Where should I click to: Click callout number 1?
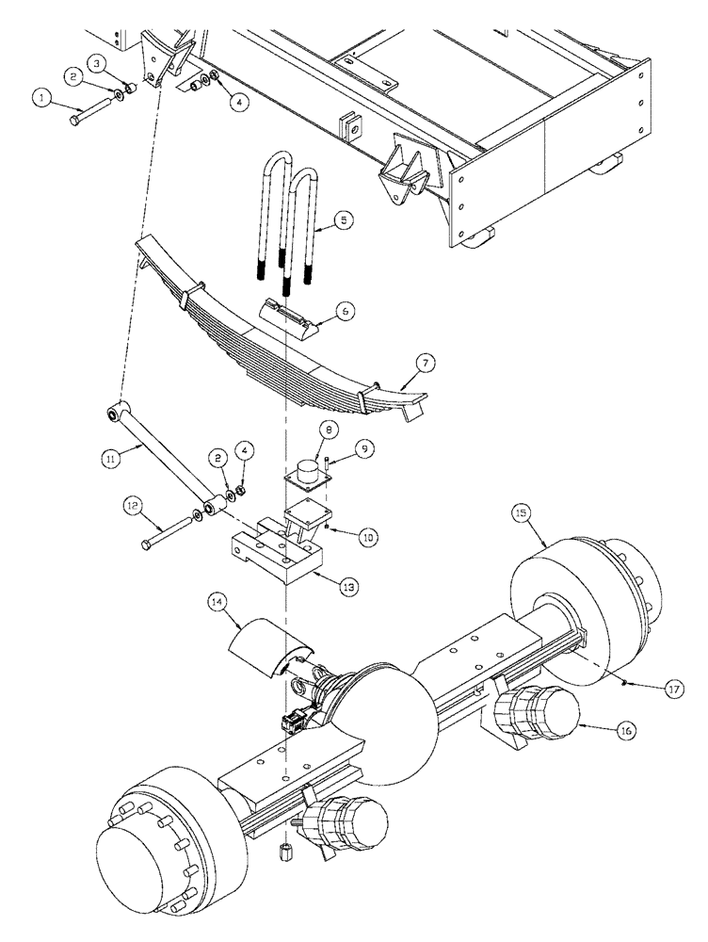coord(40,96)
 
